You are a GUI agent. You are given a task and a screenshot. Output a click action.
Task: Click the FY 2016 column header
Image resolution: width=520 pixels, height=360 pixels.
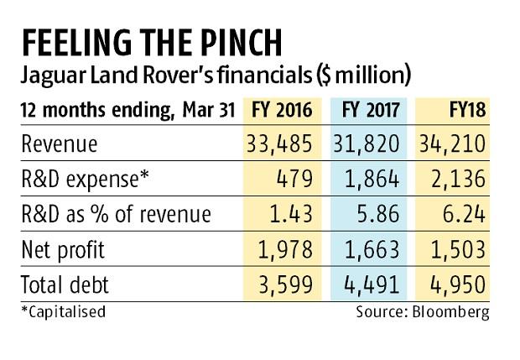coord(278,110)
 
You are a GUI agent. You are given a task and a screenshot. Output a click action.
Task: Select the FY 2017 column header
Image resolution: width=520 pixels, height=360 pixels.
coord(373,110)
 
